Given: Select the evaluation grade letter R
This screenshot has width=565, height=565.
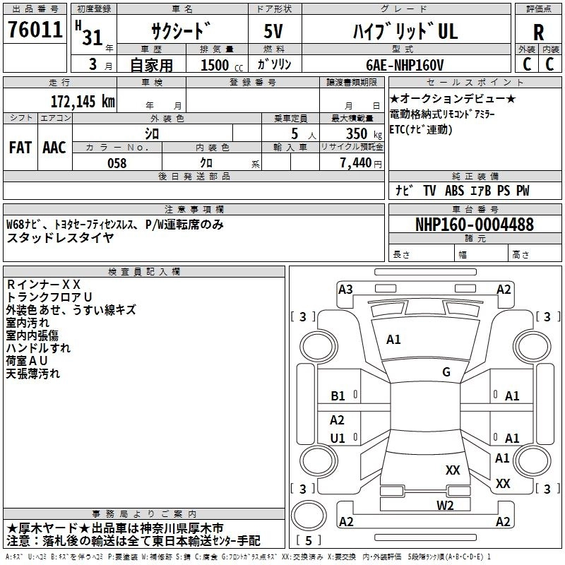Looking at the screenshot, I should coord(538,31).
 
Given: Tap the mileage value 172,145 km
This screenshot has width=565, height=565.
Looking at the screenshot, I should coord(83,101).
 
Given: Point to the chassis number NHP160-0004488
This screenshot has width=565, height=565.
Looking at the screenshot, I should coord(474,225).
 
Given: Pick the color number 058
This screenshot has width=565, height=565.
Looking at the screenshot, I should coord(117,163).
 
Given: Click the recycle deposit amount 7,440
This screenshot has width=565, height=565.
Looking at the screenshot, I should coord(356,163).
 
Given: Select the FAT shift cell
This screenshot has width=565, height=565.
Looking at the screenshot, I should coord(20,148).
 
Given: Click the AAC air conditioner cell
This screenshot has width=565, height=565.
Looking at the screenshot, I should coord(54,148).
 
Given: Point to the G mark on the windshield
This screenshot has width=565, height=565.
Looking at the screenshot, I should coord(446,372).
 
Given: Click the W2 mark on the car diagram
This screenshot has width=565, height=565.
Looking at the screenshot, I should coord(444,505).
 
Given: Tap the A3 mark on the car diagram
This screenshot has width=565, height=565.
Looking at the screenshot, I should coord(345,289).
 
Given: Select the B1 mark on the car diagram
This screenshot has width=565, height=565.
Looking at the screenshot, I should coord(338,396).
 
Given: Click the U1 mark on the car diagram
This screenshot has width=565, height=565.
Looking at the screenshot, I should coord(338,438).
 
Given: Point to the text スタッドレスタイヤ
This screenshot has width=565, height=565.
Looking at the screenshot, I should coord(60,238).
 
